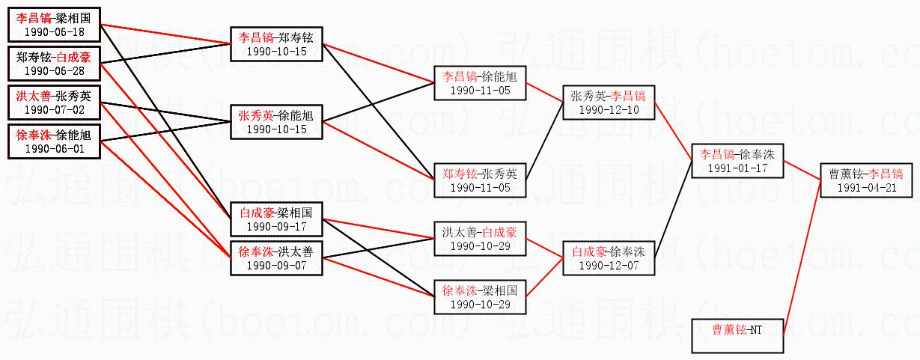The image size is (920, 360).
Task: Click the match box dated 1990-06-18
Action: (x=54, y=25)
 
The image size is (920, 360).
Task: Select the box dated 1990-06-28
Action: (x=54, y=63)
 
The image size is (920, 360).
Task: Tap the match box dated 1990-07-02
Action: (x=54, y=102)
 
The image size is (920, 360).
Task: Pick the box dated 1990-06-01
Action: (x=54, y=141)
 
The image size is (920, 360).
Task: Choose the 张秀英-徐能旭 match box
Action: (x=277, y=122)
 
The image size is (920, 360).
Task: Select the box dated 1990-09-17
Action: (x=277, y=219)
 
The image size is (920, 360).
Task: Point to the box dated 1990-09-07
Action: (x=277, y=257)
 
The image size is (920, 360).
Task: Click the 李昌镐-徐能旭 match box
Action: (x=480, y=82)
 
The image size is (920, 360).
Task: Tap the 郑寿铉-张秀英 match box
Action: (x=480, y=180)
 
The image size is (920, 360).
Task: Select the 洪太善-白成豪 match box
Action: (x=480, y=238)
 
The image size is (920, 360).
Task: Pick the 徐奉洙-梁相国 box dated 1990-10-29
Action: (x=480, y=296)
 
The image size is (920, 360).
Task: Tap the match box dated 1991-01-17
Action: (x=737, y=160)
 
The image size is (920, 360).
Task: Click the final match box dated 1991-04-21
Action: (x=866, y=180)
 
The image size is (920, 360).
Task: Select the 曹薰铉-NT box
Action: (x=737, y=335)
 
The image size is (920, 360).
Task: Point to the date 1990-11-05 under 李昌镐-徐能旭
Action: (x=480, y=90)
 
